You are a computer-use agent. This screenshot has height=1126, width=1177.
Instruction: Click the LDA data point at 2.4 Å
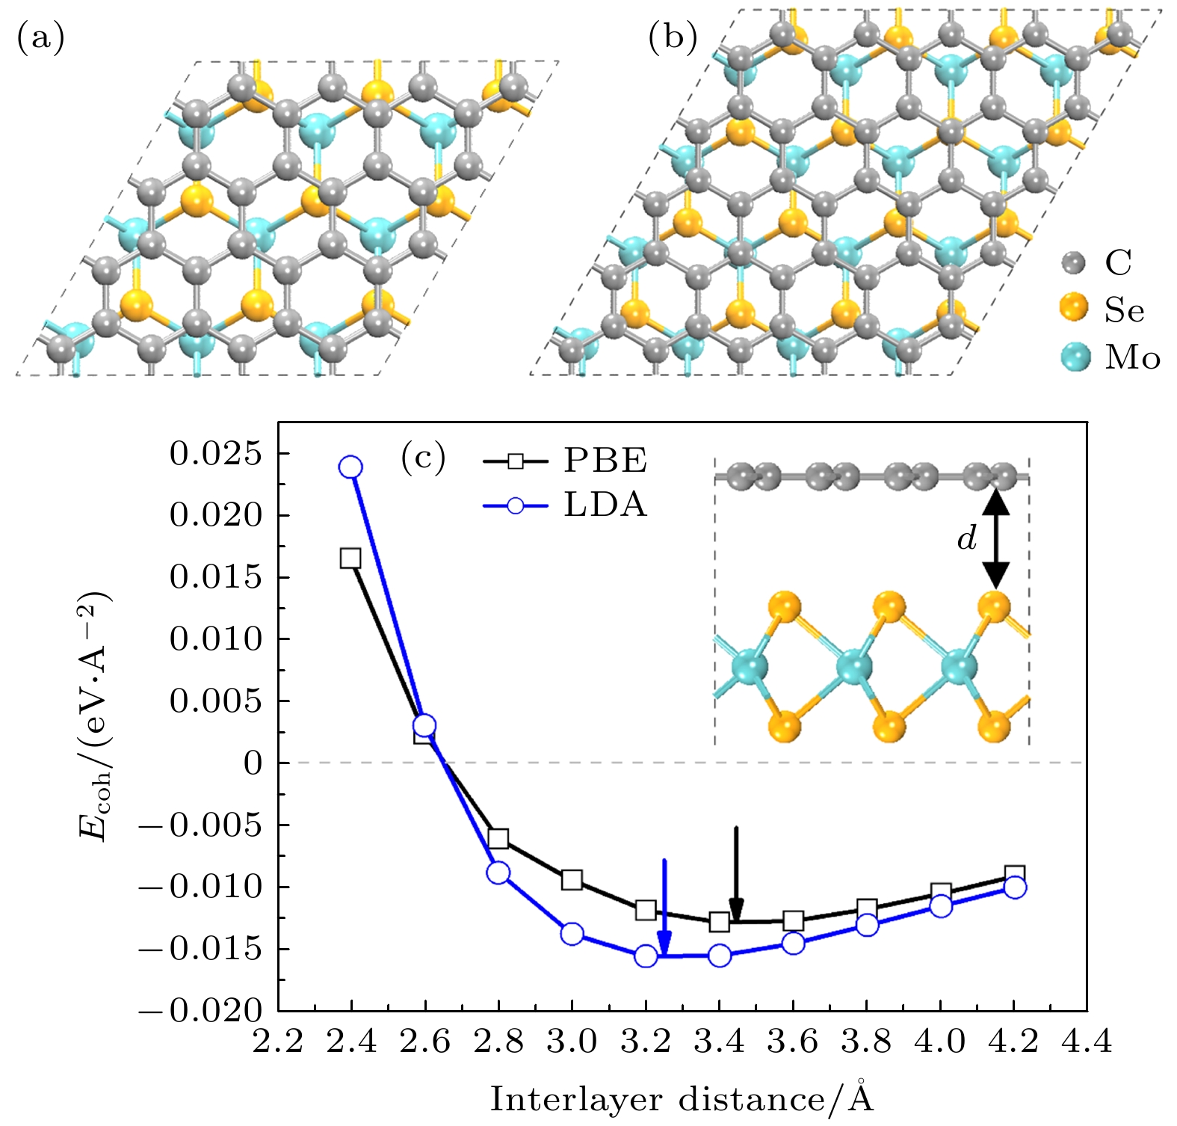[350, 467]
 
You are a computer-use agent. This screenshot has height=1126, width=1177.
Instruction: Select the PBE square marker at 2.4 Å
[350, 558]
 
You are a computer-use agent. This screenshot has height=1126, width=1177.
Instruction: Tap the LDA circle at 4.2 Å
[1015, 887]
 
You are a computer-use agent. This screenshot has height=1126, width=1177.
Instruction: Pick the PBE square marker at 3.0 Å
[572, 879]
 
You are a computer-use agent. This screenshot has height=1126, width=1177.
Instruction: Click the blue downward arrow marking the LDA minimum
[664, 905]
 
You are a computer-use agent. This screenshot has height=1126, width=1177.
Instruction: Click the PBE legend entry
[565, 461]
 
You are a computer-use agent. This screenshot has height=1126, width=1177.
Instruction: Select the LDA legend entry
[565, 505]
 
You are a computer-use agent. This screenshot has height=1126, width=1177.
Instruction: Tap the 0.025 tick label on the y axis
[216, 454]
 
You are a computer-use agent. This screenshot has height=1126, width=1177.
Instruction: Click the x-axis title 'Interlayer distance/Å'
[682, 1099]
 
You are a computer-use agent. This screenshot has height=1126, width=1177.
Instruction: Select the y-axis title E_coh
[96, 716]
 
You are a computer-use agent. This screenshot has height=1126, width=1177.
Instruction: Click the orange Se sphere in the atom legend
[1074, 308]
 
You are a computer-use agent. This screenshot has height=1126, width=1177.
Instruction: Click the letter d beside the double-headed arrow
[967, 538]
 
